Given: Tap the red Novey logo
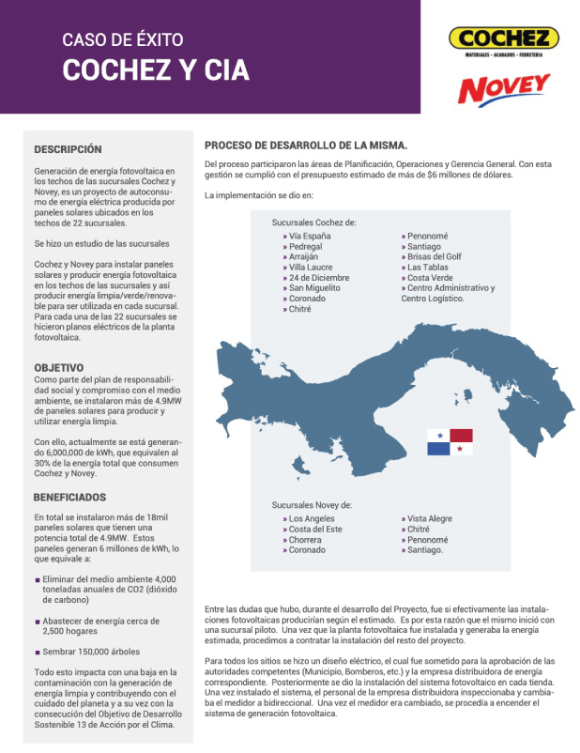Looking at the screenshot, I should point(504,89).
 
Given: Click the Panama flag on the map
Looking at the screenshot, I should point(450,442).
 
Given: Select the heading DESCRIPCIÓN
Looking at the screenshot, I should point(68,149).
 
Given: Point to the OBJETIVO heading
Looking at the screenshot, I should point(59,367).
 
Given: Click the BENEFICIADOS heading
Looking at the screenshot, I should point(70,497).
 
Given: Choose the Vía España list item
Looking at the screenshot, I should point(310,236).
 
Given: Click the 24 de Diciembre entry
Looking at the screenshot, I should point(319,278).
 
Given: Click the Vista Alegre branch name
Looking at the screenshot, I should point(430,518).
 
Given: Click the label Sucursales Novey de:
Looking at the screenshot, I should point(312,505).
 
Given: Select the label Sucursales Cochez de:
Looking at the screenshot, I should point(313,223).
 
